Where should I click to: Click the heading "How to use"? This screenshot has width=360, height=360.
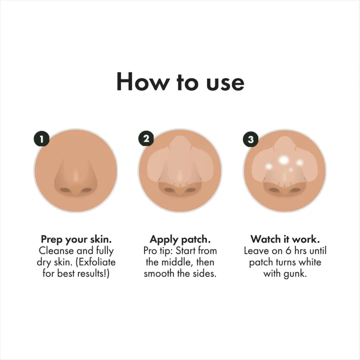pos(180,82)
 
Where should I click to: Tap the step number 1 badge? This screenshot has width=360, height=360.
pos(42,138)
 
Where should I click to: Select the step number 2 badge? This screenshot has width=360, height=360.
pos(146,138)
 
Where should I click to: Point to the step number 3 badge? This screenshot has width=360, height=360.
pos(250,139)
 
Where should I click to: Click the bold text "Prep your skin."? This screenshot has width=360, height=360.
pos(76,239)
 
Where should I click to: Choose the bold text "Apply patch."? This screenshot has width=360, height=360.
pos(180,239)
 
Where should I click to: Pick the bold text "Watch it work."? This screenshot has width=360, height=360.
pos(285,239)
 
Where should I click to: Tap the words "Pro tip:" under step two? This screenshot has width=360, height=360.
pos(158,251)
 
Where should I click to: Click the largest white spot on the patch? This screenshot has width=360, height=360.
pos(284,160)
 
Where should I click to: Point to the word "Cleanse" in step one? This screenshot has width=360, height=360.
pos(56,250)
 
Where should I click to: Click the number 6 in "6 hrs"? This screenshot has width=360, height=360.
pos(288,250)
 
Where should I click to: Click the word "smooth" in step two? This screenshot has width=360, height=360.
pos(158,273)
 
